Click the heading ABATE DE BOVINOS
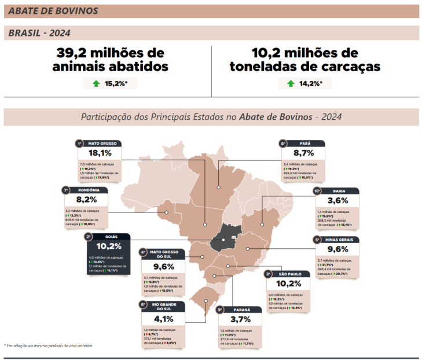[53, 11]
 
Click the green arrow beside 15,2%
[96, 84]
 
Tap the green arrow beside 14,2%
[291, 84]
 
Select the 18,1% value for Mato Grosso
[100, 153]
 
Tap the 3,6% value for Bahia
[337, 201]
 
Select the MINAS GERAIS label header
[341, 239]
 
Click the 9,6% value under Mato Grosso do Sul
[164, 267]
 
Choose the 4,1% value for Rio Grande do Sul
[164, 319]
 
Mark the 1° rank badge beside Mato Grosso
[79, 143]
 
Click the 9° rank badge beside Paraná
[220, 310]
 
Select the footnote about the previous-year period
[49, 346]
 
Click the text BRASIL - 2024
[39, 33]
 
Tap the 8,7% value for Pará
[303, 153]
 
